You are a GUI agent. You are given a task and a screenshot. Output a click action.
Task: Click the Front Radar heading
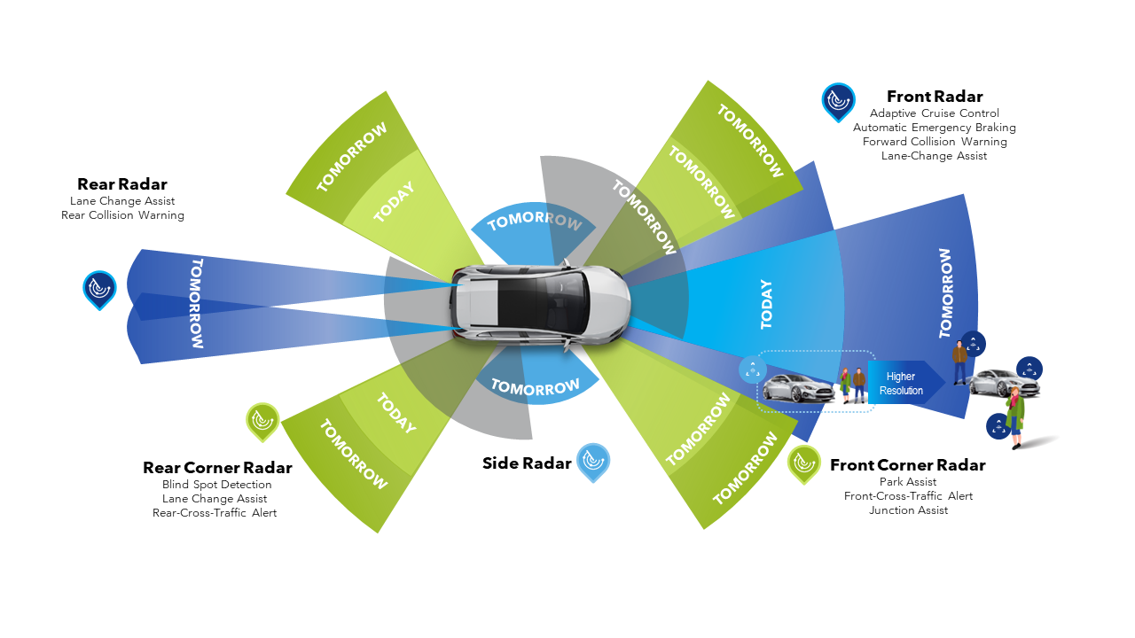935,97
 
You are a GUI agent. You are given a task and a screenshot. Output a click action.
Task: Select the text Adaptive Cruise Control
935,113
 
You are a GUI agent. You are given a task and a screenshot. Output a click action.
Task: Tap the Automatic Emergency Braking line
935,128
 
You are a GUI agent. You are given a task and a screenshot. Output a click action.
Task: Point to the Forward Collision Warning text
935,142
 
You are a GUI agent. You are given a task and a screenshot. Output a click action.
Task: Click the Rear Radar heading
122,184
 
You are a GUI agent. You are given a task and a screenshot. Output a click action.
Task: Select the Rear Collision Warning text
122,215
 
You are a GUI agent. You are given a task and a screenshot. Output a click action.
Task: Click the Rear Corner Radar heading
217,468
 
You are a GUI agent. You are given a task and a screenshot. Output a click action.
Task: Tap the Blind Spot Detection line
217,485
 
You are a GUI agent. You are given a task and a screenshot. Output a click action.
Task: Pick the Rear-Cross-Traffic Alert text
215,513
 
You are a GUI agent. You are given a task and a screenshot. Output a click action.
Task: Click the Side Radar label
527,463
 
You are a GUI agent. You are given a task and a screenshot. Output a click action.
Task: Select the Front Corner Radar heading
907,465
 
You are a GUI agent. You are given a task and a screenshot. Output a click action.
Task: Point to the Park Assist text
908,482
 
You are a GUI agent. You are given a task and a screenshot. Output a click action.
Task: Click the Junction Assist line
908,510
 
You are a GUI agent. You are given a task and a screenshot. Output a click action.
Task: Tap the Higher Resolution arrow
903,384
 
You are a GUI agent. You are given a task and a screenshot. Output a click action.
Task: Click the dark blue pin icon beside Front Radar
838,102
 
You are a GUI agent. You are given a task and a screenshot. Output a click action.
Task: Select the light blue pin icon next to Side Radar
593,461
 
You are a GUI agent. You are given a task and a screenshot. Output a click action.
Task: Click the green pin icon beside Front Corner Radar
803,463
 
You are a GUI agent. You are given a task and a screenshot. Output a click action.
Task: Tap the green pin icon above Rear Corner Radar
262,421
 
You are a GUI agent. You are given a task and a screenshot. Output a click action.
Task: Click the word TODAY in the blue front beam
766,304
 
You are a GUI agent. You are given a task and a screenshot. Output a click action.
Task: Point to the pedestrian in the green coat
1014,416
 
